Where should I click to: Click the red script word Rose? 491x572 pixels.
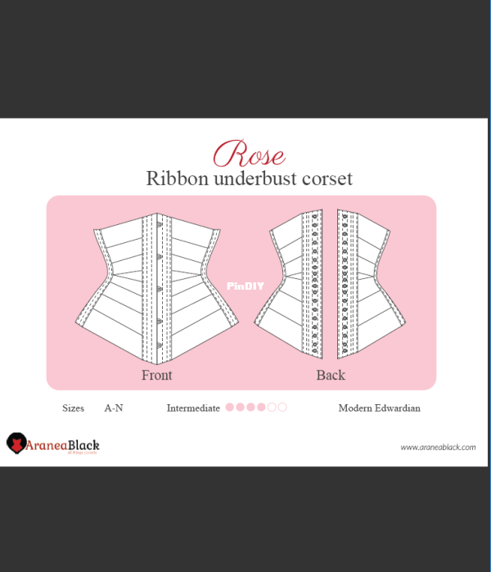pos(249,154)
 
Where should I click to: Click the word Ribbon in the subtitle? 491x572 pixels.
pos(178,178)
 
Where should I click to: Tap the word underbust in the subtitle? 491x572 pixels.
pos(255,178)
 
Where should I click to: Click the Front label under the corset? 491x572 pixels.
pos(157,375)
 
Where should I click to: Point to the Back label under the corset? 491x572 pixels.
pos(331,375)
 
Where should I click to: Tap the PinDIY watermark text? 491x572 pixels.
pos(245,286)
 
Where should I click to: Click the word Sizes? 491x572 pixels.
pos(74,408)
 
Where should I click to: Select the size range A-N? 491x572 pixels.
pos(114,408)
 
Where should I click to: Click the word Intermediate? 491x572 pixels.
pos(193,408)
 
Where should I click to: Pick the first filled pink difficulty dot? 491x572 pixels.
pos(230,408)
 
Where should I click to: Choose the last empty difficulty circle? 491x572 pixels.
pos(282,408)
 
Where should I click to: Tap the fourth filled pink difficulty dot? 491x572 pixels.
pos(261,408)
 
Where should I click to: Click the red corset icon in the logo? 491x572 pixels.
pos(16,444)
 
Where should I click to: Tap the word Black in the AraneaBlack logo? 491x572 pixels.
pos(83,445)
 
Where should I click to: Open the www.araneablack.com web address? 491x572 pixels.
pos(438,448)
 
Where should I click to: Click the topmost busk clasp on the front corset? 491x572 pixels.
pos(160,224)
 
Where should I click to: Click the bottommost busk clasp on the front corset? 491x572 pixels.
pos(160,345)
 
